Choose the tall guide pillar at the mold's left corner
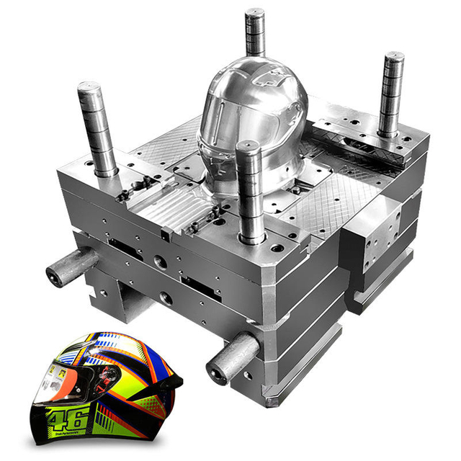(x=97, y=130)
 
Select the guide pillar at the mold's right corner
(x=391, y=94)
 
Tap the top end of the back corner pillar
(x=254, y=13)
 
